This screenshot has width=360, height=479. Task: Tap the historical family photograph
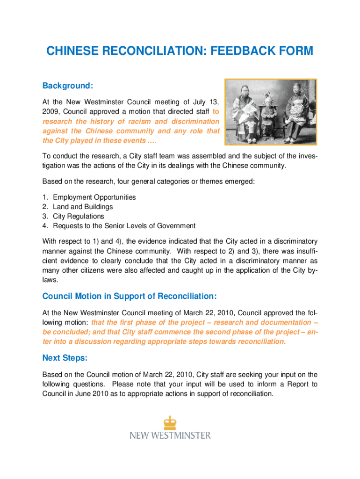coord(271,112)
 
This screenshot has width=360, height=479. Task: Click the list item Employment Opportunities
coord(94,197)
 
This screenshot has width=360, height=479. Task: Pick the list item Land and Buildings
coord(83,207)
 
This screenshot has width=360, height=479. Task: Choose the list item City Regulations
coord(79,217)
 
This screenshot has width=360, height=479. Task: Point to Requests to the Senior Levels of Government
coord(124,226)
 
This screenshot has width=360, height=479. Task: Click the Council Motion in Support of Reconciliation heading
coord(130,296)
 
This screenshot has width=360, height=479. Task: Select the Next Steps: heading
coord(65,358)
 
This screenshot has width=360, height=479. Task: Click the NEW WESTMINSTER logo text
coord(170,435)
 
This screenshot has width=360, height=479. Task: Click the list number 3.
coord(45,217)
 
